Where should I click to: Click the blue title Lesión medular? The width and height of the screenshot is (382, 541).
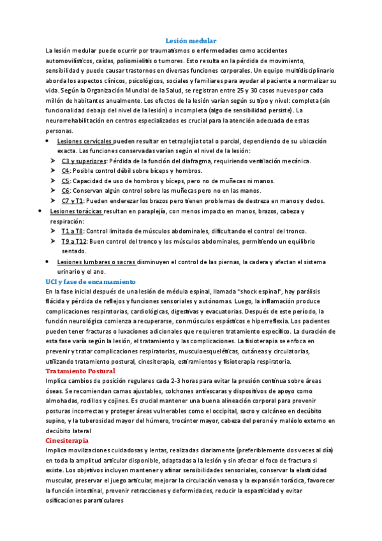191,40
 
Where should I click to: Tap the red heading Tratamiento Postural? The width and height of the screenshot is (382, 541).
80,371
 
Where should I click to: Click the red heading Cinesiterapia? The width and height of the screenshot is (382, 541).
67,440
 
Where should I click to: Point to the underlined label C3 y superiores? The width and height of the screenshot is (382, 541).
84,161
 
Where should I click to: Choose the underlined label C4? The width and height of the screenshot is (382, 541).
66,171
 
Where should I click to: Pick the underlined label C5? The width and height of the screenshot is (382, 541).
66,181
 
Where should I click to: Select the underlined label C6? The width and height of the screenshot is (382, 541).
66,190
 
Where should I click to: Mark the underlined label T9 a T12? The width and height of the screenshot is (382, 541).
74,241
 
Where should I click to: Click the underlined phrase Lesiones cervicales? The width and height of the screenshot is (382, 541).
85,140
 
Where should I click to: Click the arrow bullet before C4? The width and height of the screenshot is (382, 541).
53,171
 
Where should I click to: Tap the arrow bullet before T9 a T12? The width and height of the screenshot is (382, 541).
53,241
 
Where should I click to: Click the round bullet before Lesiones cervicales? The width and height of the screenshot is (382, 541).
49,140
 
